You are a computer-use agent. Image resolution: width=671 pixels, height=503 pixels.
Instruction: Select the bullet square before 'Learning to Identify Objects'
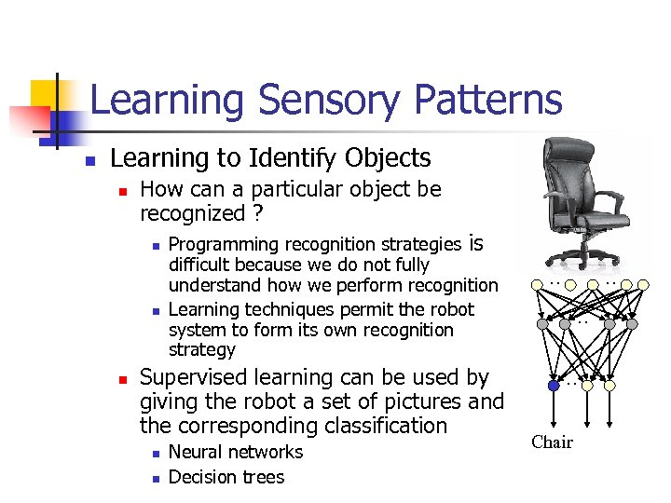(x=89, y=161)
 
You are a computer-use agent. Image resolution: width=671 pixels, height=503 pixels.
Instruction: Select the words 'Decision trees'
(x=226, y=477)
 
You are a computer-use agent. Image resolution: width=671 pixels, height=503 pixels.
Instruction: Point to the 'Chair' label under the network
(x=552, y=442)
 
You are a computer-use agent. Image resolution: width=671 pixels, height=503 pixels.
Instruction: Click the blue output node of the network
(x=554, y=384)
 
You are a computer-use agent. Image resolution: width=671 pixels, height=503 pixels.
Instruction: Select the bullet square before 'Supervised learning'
(x=122, y=380)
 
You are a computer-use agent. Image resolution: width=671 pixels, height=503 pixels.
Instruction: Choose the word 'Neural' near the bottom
(x=195, y=452)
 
